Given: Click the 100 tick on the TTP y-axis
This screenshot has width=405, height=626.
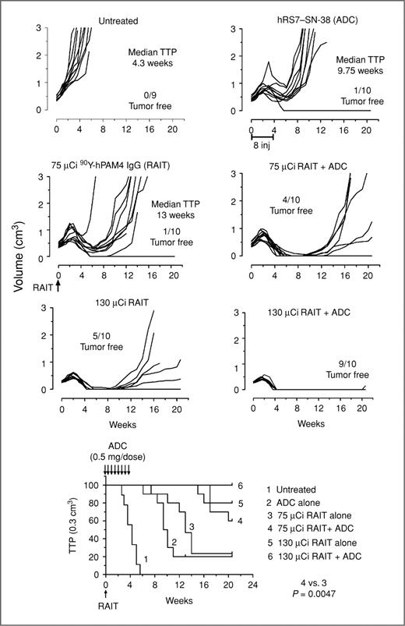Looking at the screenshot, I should (93, 485).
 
